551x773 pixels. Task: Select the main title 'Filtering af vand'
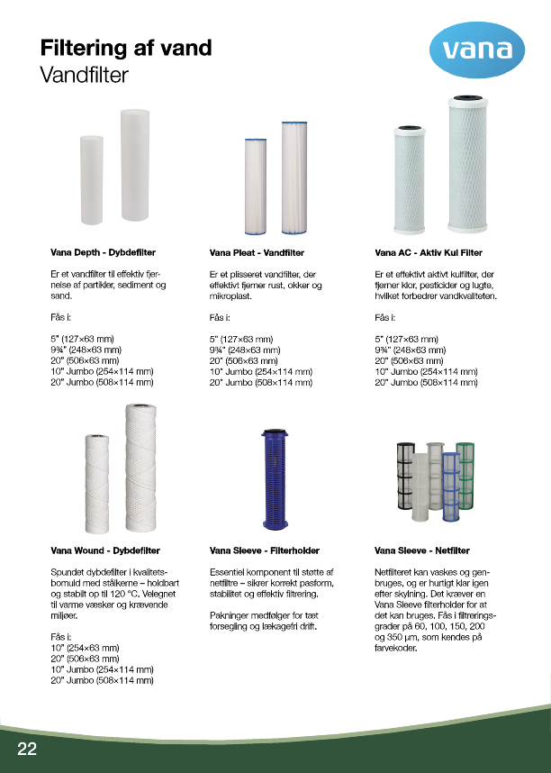126,48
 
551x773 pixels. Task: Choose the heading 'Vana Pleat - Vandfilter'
257,254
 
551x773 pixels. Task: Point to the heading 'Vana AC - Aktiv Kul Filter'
428,254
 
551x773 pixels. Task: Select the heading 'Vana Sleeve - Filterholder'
265,550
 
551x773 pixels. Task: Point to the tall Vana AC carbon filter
468,164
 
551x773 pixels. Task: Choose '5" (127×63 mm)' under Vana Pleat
240,339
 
